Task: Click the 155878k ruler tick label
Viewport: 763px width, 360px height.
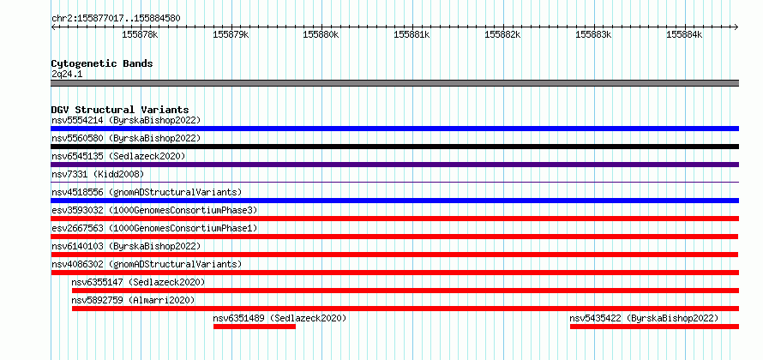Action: [x=140, y=34]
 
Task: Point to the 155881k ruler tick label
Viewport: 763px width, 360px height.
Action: [x=412, y=34]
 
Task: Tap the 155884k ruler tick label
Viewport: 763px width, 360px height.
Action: [x=684, y=34]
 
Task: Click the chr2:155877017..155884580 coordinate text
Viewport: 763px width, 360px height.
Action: [x=116, y=19]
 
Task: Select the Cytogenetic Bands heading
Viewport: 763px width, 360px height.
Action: [x=102, y=63]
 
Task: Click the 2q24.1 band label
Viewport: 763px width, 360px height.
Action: [x=67, y=74]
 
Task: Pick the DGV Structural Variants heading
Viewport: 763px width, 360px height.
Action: [x=120, y=110]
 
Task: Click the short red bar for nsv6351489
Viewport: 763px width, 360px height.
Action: [x=255, y=327]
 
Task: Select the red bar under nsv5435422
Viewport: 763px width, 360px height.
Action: [x=654, y=327]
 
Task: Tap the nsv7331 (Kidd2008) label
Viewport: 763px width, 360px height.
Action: [x=98, y=174]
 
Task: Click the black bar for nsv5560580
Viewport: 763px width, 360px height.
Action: [x=394, y=147]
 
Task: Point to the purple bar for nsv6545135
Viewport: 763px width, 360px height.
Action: [x=394, y=165]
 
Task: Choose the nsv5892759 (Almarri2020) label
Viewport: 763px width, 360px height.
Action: [x=133, y=300]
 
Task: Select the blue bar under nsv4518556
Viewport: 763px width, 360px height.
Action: [x=394, y=201]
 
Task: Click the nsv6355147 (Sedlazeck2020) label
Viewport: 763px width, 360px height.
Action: [x=138, y=282]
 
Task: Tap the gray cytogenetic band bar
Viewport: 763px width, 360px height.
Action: [x=394, y=83]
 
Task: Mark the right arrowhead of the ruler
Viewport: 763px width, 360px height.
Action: [x=737, y=27]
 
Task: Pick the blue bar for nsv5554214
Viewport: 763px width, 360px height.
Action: [x=394, y=129]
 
